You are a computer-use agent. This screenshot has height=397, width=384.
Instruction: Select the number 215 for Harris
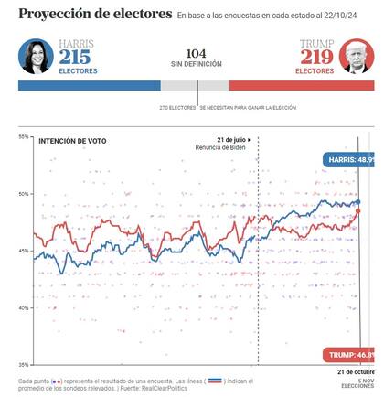76,56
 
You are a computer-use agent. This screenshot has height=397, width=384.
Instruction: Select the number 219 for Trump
317,56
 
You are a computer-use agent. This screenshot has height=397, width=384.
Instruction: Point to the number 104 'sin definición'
195,54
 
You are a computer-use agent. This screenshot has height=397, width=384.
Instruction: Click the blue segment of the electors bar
89,85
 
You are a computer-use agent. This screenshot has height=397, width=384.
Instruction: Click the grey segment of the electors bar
194,85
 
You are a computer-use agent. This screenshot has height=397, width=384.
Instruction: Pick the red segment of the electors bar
301,85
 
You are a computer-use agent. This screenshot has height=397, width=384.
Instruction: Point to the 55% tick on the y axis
23,136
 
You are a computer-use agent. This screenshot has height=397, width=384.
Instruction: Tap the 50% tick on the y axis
23,194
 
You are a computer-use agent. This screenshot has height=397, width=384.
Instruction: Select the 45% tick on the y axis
23,251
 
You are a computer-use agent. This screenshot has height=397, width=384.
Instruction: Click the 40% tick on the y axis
23,308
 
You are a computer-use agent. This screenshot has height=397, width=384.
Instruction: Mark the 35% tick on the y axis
23,365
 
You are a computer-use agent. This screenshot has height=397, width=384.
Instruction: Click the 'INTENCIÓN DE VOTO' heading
72,141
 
